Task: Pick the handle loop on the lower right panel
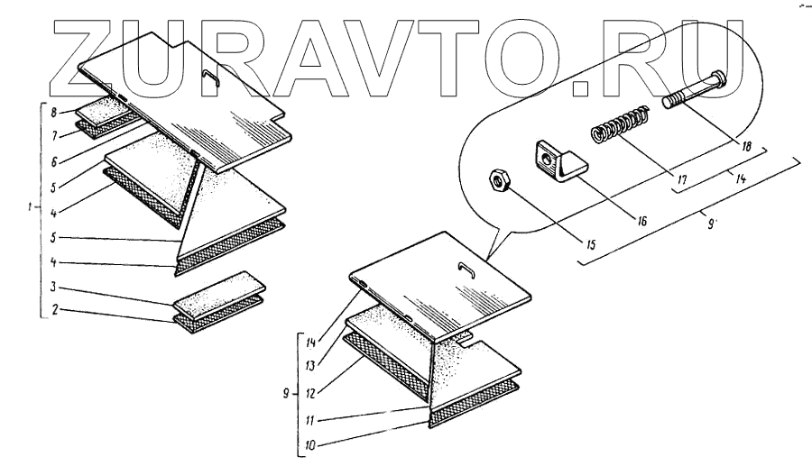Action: tap(466, 268)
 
